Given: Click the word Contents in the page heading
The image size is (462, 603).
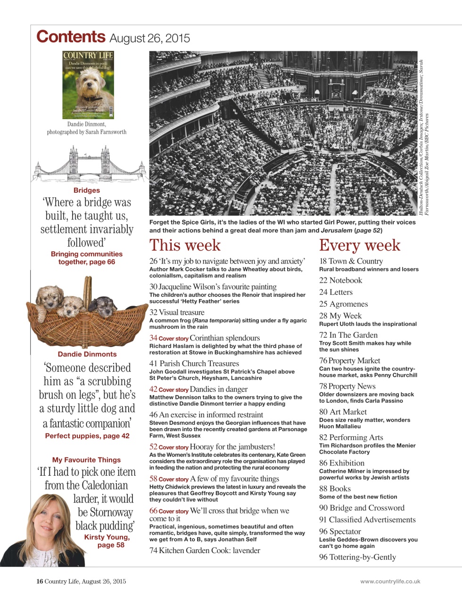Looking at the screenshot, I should pos(71,37).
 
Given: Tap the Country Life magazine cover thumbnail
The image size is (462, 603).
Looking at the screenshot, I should pos(88,85).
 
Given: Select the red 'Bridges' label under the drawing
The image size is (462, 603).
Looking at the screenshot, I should pos(87,190).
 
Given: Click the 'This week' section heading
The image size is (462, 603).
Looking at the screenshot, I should pos(185,245).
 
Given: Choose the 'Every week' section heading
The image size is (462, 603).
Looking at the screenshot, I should pos(359,245).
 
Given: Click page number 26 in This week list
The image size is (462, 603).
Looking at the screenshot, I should pos(153,261).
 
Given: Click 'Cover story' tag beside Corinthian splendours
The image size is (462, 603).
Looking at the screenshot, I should pos(173,339).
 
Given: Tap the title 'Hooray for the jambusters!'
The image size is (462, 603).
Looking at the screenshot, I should pos(232,447).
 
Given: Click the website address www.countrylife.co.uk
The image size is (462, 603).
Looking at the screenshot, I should pos(390,581).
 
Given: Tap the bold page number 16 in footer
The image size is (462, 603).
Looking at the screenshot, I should pos(40,581).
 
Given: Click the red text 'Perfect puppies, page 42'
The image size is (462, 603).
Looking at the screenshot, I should pos(87,436).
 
